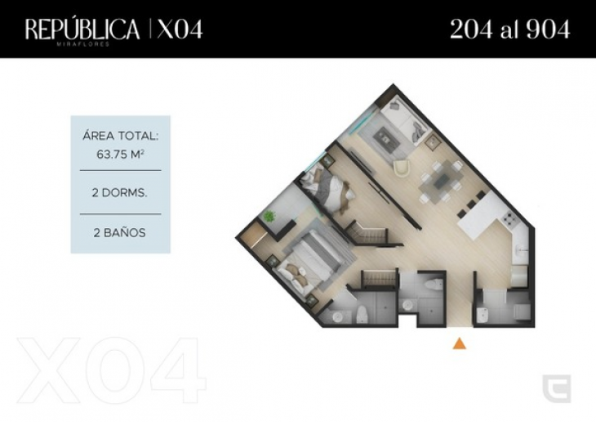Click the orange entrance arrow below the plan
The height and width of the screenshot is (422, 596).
(x=459, y=343)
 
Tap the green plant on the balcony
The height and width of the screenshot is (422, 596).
(x=269, y=217)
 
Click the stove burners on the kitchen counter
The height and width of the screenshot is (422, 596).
(x=508, y=218)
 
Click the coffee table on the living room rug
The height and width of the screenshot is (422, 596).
(x=386, y=136)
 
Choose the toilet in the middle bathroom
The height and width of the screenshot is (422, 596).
(x=434, y=284)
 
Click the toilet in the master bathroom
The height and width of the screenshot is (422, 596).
(x=362, y=314)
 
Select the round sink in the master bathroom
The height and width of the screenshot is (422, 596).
(x=337, y=316)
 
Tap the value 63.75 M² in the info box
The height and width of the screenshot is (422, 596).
(x=120, y=155)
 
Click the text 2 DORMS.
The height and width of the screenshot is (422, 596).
(x=119, y=193)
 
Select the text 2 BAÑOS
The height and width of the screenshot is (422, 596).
(x=120, y=233)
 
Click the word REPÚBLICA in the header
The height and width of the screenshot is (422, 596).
(x=82, y=29)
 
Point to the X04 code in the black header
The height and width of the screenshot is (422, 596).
(x=180, y=29)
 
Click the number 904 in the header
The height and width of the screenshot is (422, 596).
(x=549, y=29)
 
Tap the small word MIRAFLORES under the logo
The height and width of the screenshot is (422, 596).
(x=82, y=44)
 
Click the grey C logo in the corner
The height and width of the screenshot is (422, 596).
(x=557, y=388)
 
